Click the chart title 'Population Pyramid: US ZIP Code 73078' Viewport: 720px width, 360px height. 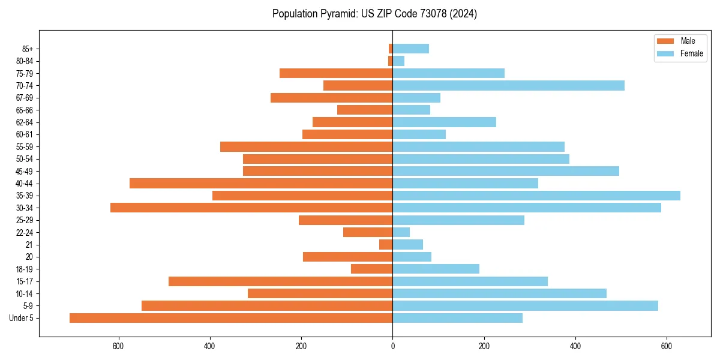click(374, 14)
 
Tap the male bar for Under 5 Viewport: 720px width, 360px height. click(231, 318)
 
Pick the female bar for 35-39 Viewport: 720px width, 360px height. click(536, 196)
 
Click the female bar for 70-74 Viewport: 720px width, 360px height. click(508, 86)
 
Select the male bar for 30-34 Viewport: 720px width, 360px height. click(251, 208)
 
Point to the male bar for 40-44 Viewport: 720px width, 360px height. click(261, 184)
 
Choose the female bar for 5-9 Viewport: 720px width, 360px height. click(525, 305)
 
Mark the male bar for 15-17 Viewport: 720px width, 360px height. click(280, 281)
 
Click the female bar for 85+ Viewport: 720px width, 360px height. click(410, 49)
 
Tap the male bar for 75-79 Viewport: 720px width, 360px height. click(336, 73)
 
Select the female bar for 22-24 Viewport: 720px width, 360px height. click(401, 232)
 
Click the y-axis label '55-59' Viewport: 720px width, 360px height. click(25, 147)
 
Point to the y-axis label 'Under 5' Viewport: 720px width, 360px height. click(21, 318)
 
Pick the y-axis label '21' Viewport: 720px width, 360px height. click(29, 245)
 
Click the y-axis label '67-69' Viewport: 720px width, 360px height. click(25, 98)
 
